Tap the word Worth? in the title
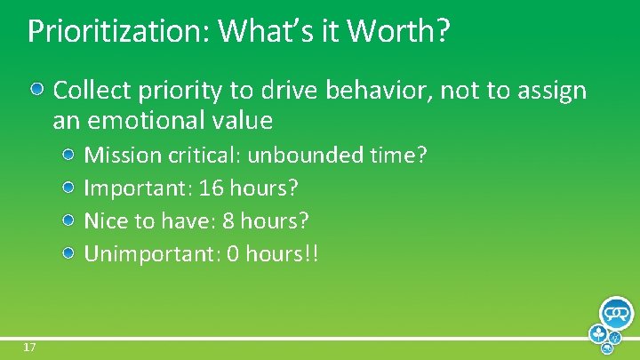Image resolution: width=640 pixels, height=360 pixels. (398, 32)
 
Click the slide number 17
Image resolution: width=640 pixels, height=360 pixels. (29, 347)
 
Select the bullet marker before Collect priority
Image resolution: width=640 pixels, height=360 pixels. (38, 90)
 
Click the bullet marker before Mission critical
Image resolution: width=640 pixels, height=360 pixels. (69, 156)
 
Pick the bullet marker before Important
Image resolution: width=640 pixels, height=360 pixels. (69, 188)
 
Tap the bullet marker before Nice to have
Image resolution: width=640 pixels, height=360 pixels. (69, 221)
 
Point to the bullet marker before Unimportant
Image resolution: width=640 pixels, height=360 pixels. (69, 254)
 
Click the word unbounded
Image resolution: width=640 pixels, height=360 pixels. (304, 156)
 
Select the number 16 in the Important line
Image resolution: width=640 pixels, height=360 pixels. (212, 188)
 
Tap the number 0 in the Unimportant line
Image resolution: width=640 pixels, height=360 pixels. (233, 254)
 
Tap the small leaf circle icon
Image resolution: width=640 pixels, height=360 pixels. (599, 335)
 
